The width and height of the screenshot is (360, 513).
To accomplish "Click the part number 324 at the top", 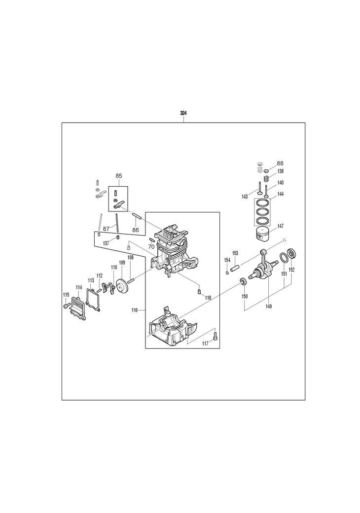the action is (x=183, y=113).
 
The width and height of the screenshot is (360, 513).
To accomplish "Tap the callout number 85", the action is (x=118, y=176).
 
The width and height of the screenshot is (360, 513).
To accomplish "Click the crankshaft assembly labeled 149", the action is (x=264, y=267).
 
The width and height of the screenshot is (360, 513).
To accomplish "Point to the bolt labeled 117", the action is (x=215, y=335).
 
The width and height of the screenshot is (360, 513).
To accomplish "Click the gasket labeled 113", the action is (x=94, y=298).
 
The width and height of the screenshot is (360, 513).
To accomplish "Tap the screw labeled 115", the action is (x=67, y=305).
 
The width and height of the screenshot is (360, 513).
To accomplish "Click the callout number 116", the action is (x=135, y=310).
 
